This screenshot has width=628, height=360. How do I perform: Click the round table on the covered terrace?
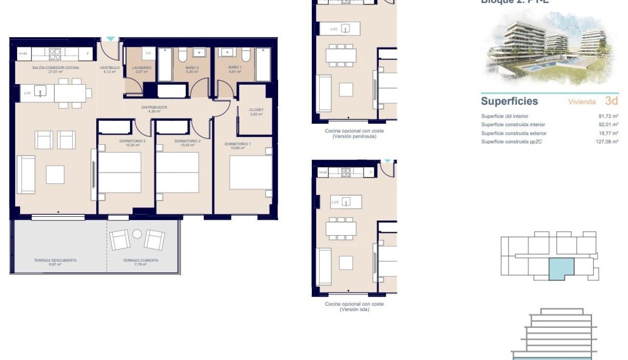(x=137, y=234)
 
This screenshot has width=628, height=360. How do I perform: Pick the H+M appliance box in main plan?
(x=23, y=54)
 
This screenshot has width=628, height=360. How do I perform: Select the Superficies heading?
(x=509, y=101)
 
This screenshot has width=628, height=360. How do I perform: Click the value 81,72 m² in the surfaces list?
(x=608, y=116)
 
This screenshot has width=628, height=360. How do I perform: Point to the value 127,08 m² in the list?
(x=607, y=141)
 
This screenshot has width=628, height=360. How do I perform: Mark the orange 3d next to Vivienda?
(x=611, y=101)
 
